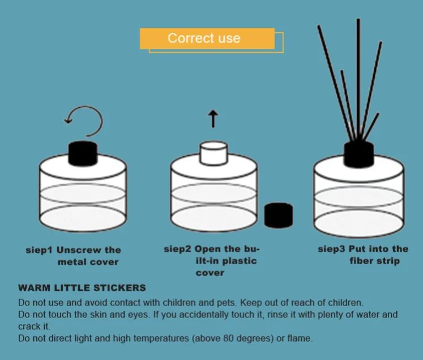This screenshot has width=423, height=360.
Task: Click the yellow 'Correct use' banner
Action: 207,39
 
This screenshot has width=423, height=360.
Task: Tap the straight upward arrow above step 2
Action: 213,118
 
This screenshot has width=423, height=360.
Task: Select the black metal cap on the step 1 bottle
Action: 83,153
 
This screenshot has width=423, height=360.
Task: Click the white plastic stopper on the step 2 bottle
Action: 213,153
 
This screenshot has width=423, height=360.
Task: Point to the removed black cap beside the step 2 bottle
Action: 279,215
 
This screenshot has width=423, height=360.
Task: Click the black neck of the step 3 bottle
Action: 359,154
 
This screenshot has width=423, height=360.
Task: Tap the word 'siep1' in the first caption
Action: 39,250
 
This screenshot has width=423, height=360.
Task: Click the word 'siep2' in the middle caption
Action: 177,249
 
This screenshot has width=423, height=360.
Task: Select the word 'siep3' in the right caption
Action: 331,249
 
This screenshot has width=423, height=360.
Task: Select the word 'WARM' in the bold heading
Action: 35,287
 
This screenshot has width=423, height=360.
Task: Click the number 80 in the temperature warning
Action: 229,338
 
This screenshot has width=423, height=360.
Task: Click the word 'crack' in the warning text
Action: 29,327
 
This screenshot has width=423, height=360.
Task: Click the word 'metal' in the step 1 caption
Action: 71,262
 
